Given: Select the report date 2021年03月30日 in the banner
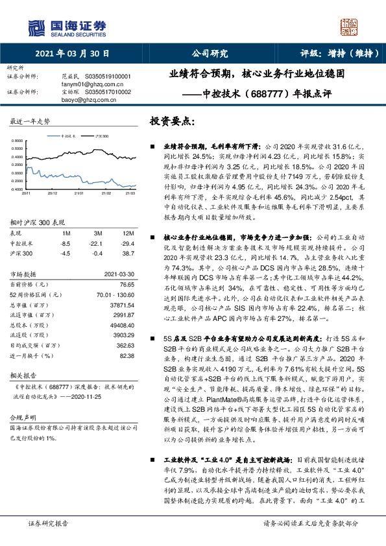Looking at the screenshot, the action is click(72, 54).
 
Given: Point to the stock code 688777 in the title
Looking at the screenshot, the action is click(266, 93).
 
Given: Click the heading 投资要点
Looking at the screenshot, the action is click(171, 121).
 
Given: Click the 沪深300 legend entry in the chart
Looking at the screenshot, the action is click(102, 138).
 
